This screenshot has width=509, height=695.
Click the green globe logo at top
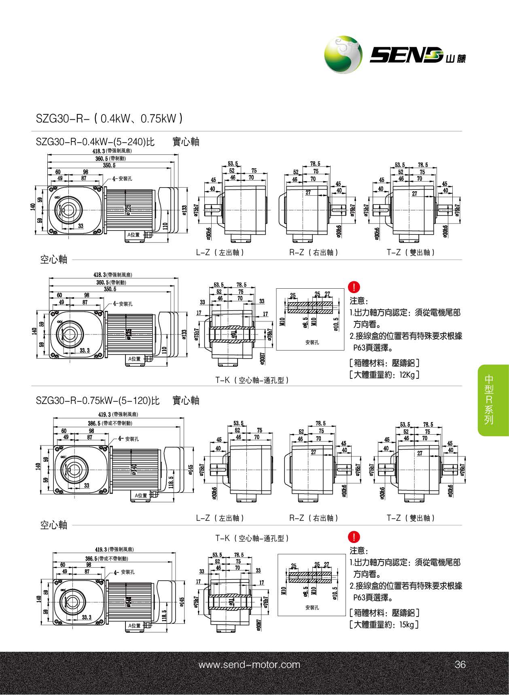coord(343,55)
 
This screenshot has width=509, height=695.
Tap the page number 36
coord(460,665)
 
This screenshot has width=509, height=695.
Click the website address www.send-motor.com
coord(249,665)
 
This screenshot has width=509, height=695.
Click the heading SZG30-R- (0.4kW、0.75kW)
coord(109,118)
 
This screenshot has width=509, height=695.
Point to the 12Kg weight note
coord(384,375)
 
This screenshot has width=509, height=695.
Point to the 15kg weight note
coord(384,625)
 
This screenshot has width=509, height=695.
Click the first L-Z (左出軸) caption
coord(220,252)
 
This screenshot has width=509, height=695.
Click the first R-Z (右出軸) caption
coord(314,252)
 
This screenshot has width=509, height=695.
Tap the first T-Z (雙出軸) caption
coord(411,252)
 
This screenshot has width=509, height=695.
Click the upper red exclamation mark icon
coord(354,288)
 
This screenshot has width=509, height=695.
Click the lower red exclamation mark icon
coord(354,537)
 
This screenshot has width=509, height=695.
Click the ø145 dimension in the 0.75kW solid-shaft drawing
coord(191,469)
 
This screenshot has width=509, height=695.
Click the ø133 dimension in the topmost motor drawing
coord(185,210)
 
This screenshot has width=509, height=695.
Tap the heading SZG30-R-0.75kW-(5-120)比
coord(98,401)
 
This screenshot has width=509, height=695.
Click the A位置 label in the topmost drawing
coord(134,234)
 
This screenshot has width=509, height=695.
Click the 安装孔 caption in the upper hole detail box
coord(312,342)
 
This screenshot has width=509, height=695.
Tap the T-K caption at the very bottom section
coord(252,538)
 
